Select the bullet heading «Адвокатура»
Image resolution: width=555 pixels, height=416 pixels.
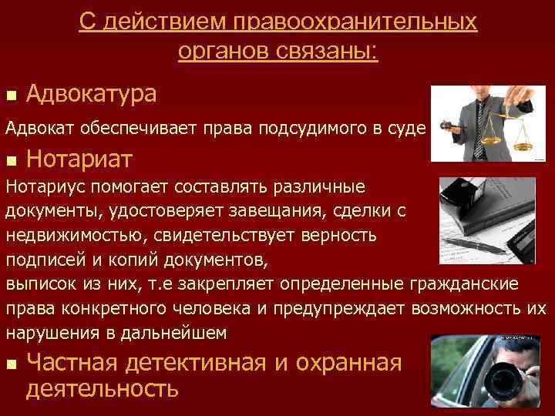click(91, 94)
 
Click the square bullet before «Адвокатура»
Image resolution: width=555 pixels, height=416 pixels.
click(10, 96)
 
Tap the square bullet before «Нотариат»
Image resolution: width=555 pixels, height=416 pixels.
click(10, 161)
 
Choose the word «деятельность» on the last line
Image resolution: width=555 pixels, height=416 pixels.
click(102, 389)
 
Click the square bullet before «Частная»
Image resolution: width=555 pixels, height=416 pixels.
click(10, 364)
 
